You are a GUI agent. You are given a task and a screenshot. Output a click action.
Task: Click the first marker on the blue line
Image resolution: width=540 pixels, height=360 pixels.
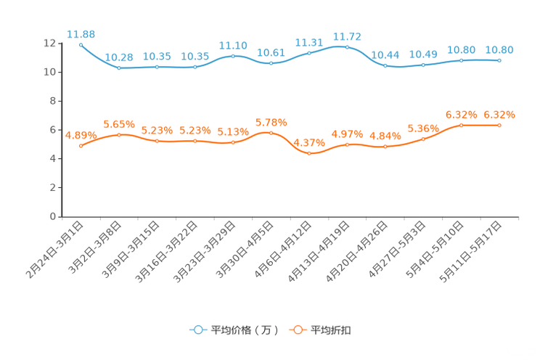[x=81, y=45]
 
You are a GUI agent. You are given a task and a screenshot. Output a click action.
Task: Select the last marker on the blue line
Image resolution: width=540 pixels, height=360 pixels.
[x=499, y=60]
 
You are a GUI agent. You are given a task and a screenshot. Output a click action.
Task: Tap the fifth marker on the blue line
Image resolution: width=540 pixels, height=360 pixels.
[x=233, y=55]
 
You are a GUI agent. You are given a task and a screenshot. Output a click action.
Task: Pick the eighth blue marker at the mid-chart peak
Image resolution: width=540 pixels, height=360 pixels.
[x=347, y=47]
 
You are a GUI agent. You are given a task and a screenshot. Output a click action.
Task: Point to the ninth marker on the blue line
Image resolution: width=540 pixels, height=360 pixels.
[x=385, y=65]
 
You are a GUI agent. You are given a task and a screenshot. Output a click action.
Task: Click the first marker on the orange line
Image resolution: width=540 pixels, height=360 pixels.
[x=81, y=145]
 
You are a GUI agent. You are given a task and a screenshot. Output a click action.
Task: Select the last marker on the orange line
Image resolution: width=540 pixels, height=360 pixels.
[x=499, y=125]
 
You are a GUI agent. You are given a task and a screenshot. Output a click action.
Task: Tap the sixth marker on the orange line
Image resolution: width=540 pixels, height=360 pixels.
[x=271, y=133]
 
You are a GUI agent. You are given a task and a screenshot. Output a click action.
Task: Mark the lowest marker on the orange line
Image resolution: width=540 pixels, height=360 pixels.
[x=309, y=153]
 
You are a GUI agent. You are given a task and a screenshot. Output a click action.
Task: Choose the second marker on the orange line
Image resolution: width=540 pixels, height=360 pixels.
[x=119, y=134]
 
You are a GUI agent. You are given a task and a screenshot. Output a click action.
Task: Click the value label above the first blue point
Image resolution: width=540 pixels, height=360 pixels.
[x=81, y=33]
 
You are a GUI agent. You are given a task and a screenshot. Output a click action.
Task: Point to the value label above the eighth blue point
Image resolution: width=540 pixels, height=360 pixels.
[x=347, y=36]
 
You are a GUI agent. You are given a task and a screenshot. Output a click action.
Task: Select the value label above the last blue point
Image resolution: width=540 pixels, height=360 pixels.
[x=499, y=49]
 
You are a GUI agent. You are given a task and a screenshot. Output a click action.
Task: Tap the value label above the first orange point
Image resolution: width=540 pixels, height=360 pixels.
[x=81, y=134]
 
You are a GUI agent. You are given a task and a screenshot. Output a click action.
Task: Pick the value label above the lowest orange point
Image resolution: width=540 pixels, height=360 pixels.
[x=309, y=142]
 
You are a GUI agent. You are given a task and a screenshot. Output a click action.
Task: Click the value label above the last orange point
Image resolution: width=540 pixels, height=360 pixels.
[x=499, y=114]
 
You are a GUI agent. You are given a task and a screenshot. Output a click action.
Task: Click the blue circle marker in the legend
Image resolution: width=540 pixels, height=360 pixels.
[x=197, y=330]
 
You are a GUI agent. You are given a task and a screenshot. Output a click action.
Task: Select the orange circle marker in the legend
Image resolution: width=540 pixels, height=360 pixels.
[x=297, y=330]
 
